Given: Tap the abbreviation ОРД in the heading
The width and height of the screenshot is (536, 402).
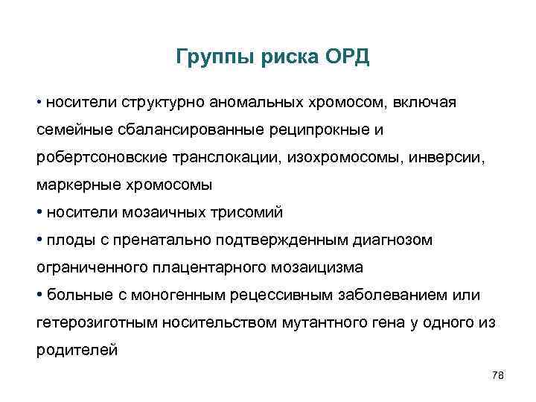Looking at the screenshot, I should click(x=345, y=58).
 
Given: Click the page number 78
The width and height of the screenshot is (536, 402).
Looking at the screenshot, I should click(x=498, y=376).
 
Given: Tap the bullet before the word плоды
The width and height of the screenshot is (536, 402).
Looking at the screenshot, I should click(x=40, y=240).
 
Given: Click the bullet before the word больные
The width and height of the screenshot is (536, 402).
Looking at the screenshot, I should click(x=40, y=295).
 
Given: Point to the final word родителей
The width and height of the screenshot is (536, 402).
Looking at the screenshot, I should click(x=77, y=350).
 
